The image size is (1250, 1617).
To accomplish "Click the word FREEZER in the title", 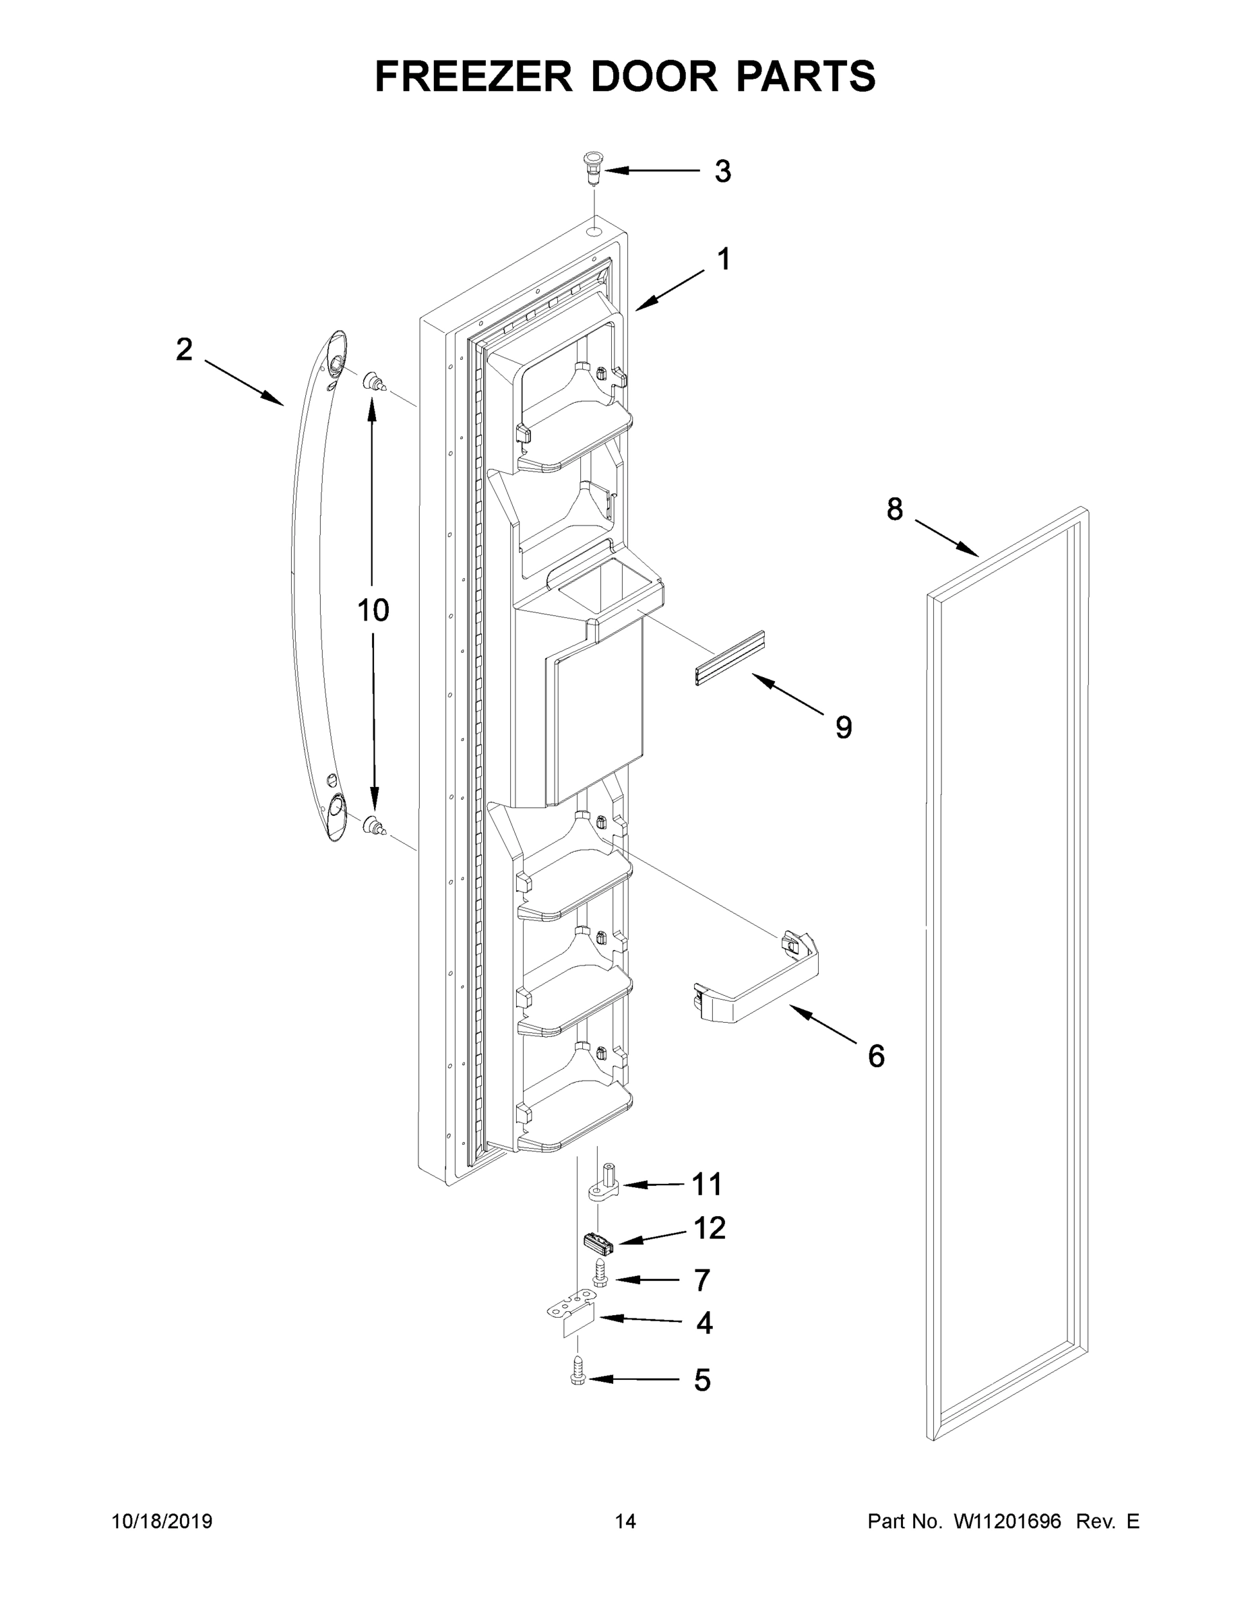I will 473,76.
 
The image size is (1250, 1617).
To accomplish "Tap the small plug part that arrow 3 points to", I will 594,168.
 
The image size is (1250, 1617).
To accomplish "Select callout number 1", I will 724,260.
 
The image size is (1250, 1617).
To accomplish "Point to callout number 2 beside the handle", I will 184,350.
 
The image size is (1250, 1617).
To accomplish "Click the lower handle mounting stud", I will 375,825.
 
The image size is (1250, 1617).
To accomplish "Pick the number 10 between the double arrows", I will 373,611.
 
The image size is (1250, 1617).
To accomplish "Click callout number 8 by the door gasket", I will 895,509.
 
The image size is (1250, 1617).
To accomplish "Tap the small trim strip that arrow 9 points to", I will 729,658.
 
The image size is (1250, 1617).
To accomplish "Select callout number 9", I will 844,728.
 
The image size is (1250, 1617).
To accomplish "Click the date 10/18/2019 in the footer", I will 162,1521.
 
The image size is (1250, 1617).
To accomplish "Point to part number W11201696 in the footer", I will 1007,1521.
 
